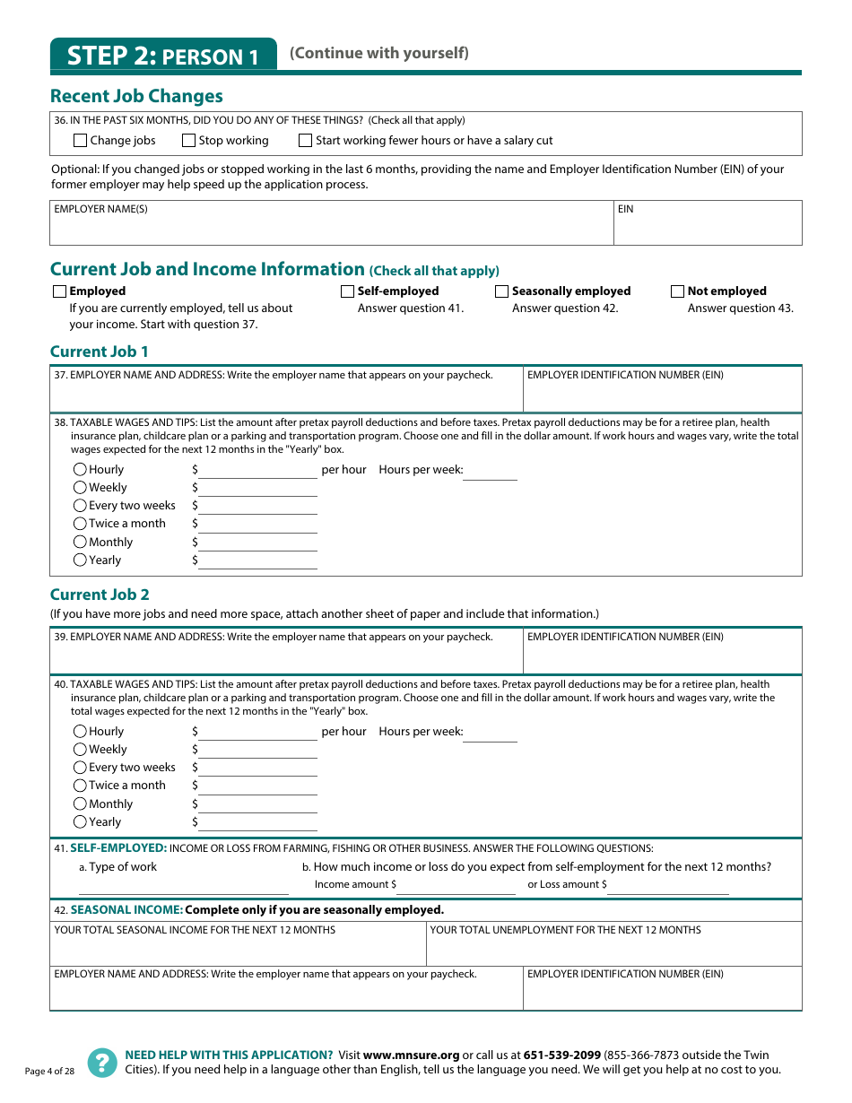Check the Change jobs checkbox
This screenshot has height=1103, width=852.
point(80,141)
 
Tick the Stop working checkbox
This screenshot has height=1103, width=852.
point(188,141)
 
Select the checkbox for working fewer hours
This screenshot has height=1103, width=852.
point(305,141)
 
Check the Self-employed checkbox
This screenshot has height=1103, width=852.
point(347,291)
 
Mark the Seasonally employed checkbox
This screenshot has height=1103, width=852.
point(501,291)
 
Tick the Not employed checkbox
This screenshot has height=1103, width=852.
point(677,291)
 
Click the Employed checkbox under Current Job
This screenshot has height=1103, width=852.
point(59,291)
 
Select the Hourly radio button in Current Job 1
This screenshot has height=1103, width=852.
point(80,470)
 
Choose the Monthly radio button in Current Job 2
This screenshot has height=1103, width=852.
point(80,804)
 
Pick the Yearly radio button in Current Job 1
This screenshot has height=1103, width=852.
point(80,560)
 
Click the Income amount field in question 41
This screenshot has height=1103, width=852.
point(456,887)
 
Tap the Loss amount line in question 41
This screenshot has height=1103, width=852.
point(668,887)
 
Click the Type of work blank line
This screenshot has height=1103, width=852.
point(183,887)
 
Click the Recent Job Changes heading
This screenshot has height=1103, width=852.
point(136,96)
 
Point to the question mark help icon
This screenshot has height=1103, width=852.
point(101,1062)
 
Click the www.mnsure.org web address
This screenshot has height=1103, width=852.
point(411,1055)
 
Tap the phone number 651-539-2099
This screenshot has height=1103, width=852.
point(561,1055)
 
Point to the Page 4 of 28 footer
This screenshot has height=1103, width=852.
point(49,1072)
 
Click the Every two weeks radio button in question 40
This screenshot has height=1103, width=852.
point(80,768)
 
